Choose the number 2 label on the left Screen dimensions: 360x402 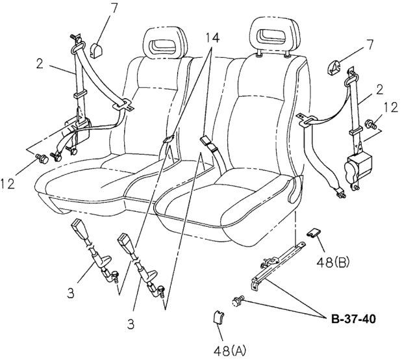click(40, 64)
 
